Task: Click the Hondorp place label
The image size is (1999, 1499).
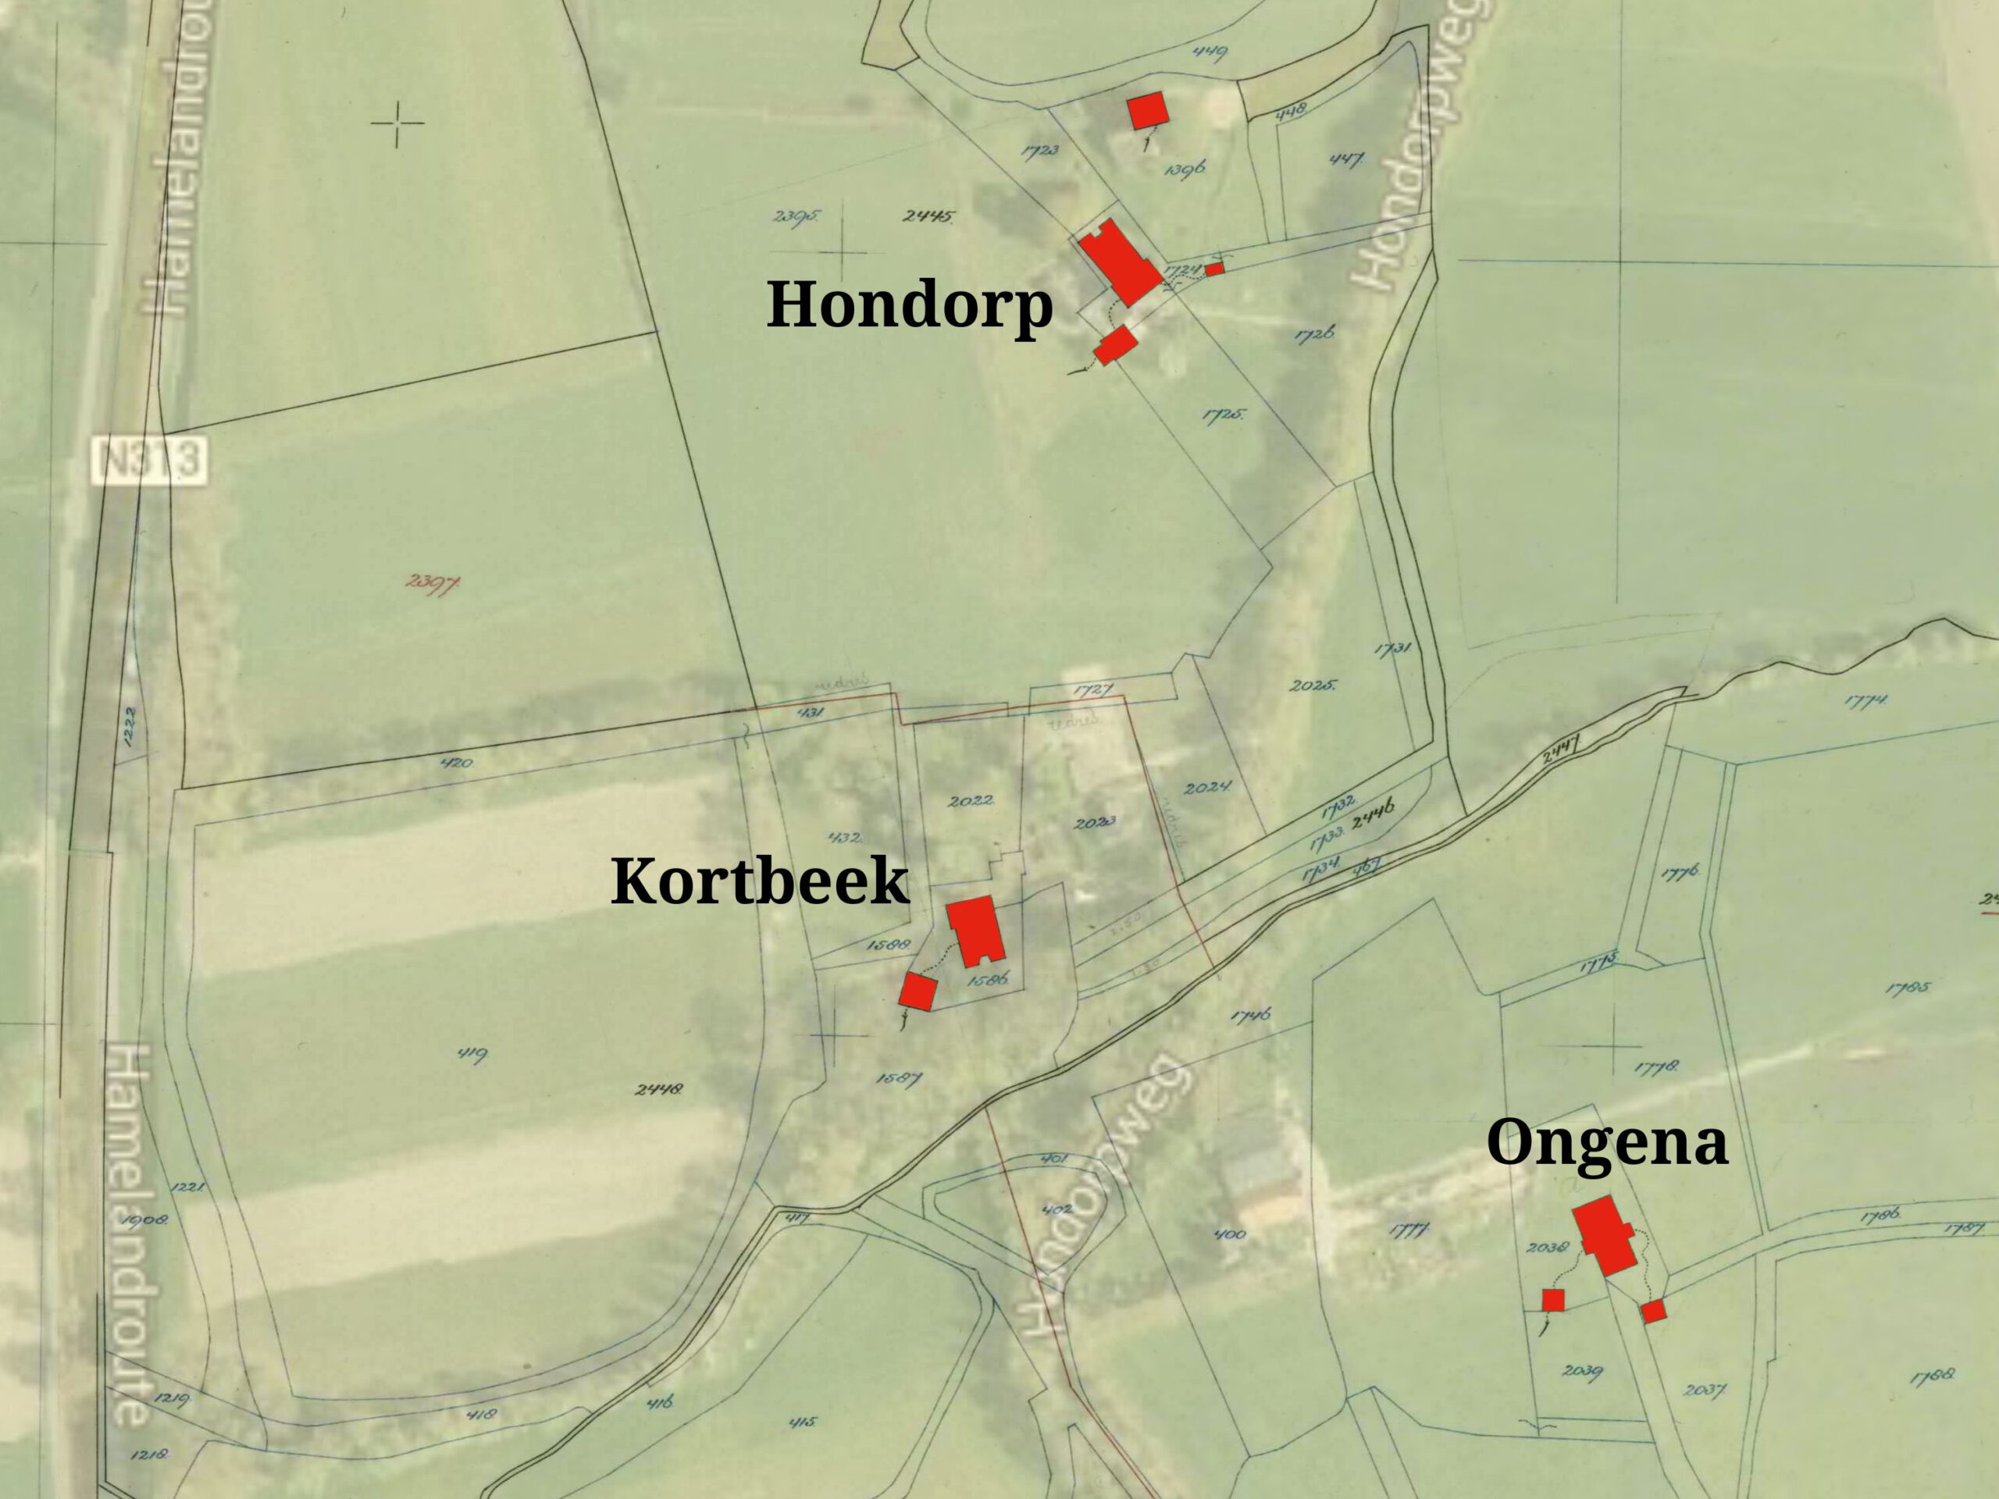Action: [x=909, y=305]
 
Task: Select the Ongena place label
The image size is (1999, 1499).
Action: [x=1607, y=1142]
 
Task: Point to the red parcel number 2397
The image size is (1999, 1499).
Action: [x=432, y=582]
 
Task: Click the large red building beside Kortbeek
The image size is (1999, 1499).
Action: [x=976, y=931]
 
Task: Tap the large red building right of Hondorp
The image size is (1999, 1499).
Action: [x=1119, y=262]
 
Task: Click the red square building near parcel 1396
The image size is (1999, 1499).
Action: [x=1148, y=111]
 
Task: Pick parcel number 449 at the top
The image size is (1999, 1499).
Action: [x=1210, y=52]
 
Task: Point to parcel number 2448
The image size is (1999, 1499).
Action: [x=659, y=1090]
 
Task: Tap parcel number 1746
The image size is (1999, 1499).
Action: [x=1251, y=1016]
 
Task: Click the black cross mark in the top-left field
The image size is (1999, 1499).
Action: [x=397, y=124]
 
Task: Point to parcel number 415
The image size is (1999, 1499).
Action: [x=802, y=1422]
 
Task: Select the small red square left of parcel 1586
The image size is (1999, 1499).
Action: [x=917, y=992]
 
